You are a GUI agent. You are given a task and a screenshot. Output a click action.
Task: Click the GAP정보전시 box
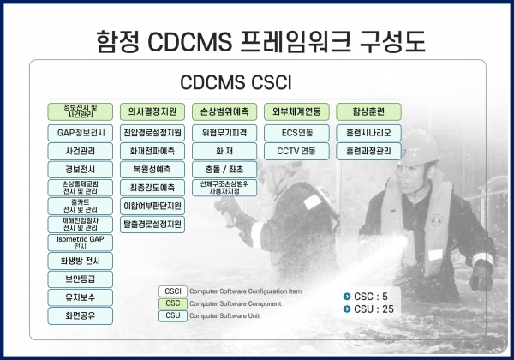[81, 133]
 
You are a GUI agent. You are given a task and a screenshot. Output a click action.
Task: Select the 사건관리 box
[81, 151]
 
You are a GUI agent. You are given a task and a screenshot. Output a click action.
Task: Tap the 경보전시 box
[81, 169]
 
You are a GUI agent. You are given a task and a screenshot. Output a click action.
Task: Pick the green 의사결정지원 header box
[152, 111]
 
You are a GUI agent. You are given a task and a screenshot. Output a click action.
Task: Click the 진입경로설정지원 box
[152, 133]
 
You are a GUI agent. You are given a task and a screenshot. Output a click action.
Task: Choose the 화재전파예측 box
[152, 151]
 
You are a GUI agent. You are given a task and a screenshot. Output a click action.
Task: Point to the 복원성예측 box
[152, 169]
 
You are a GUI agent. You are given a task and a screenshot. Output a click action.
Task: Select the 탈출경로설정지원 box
[152, 225]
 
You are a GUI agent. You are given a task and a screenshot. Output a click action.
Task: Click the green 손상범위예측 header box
[224, 111]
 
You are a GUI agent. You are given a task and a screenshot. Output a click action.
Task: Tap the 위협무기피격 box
[224, 133]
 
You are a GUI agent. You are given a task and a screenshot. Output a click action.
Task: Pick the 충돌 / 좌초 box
[224, 169]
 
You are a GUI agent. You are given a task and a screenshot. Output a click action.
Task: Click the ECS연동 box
[296, 133]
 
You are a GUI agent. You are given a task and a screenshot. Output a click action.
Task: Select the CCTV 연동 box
[296, 151]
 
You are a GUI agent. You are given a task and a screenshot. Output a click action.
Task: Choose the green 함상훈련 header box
[368, 111]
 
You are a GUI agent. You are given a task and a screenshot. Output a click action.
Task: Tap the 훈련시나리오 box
[368, 133]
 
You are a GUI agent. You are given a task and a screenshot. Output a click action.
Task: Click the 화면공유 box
[81, 315]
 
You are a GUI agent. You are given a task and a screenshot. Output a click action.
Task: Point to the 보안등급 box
[81, 279]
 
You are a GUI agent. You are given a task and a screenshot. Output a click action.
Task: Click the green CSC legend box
[172, 303]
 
